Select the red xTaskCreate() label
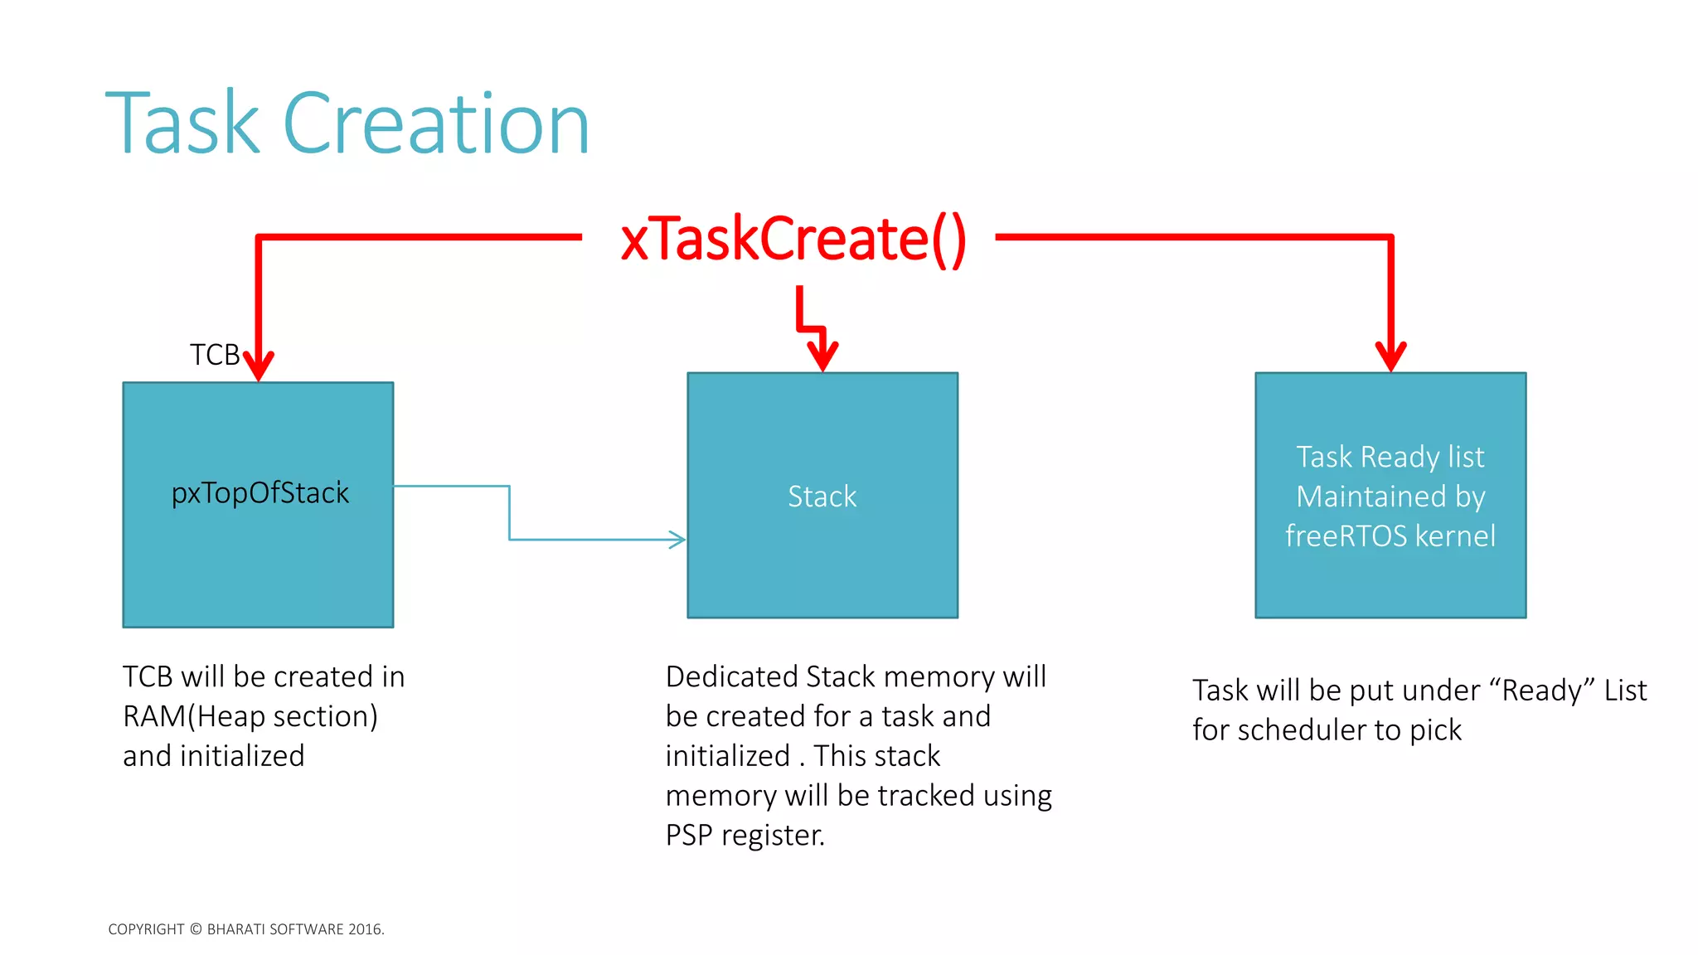coord(793,239)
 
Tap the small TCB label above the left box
coord(214,355)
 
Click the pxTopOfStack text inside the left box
coord(260,493)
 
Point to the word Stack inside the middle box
coord(822,497)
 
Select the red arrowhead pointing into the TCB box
coord(259,365)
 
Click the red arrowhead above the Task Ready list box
coord(1390,356)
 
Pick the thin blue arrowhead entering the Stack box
coord(677,540)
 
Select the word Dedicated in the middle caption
coord(731,676)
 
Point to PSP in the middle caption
coord(689,835)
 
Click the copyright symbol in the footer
coord(196,929)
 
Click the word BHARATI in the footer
coord(235,929)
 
